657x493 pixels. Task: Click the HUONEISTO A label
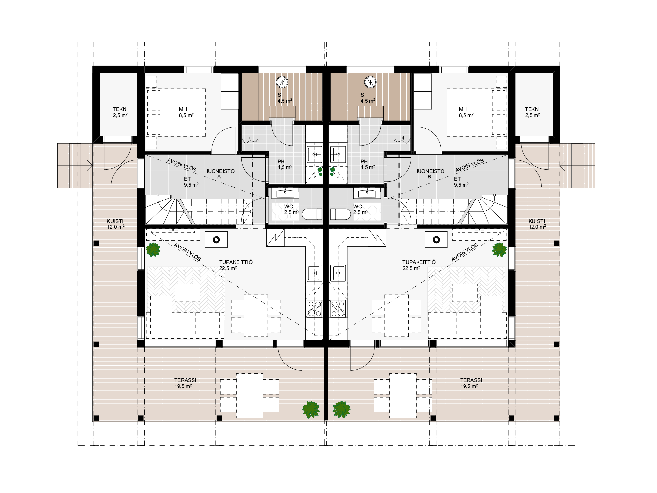[219, 174]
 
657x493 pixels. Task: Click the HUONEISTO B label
[429, 174]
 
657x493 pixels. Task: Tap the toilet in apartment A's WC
[312, 214]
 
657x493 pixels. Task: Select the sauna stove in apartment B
[370, 82]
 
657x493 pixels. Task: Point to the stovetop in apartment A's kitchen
[314, 309]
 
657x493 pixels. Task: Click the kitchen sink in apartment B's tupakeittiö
[338, 273]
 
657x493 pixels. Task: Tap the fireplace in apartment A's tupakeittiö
[216, 239]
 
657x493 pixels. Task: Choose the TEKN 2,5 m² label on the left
[120, 112]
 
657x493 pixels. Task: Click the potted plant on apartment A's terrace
[311, 410]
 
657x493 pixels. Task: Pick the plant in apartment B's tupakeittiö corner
[499, 250]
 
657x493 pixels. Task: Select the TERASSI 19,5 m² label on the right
[471, 383]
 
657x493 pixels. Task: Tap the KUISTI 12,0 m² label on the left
[115, 224]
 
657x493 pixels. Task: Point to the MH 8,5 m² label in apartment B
[466, 112]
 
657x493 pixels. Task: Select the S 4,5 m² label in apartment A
[284, 98]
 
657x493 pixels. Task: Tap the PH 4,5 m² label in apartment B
[368, 164]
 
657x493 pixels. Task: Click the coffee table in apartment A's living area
[188, 293]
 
